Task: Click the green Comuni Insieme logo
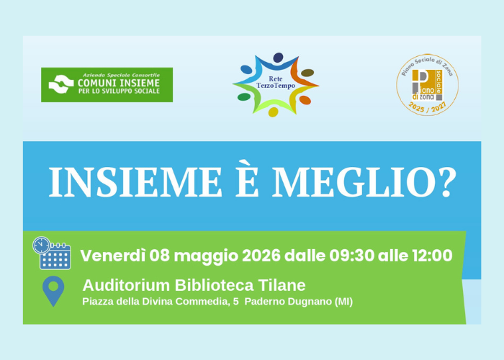click(x=107, y=85)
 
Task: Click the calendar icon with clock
click(x=51, y=253)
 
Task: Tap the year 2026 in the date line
click(x=261, y=256)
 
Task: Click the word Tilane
click(x=281, y=285)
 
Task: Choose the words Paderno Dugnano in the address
click(x=287, y=302)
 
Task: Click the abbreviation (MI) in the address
click(x=343, y=302)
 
